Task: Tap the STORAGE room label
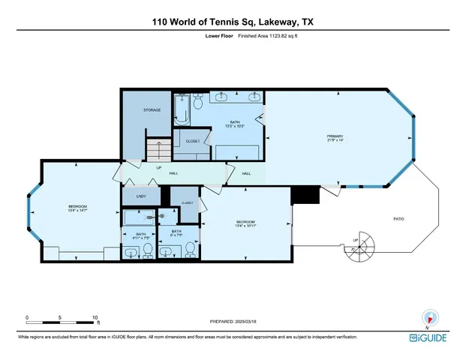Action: [152, 110]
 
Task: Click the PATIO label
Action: [399, 218]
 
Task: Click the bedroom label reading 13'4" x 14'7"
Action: [78, 209]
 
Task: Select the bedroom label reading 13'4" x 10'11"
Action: [246, 224]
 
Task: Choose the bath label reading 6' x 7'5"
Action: [176, 233]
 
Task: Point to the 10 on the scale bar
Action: [95, 318]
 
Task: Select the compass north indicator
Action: [430, 318]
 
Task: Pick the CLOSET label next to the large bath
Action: [193, 140]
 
